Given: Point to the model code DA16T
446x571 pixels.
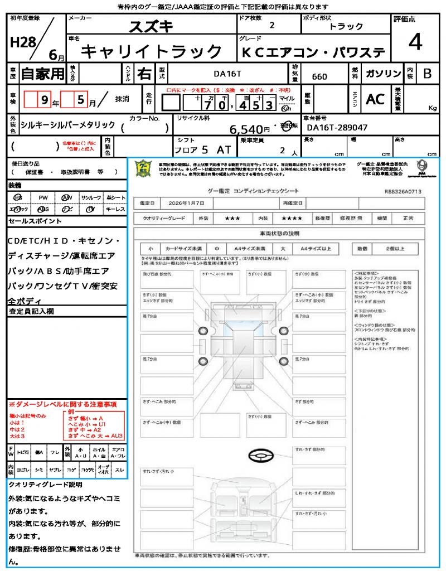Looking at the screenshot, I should tap(229, 73).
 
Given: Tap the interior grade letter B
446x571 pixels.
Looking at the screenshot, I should tap(427, 74).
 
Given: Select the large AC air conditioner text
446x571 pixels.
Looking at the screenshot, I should tap(375, 99).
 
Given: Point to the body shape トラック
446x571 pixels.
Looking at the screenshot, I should tap(346, 26).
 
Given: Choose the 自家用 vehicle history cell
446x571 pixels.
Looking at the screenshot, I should tap(42, 74).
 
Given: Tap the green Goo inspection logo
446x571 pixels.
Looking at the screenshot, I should tap(144, 169).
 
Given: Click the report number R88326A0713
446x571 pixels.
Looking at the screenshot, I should tap(403, 191).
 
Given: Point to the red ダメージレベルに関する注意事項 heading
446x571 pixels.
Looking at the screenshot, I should tap(62, 404).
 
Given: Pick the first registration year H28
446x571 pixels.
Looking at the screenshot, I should tap(21, 42).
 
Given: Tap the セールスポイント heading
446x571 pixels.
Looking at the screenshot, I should tap(35, 221).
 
